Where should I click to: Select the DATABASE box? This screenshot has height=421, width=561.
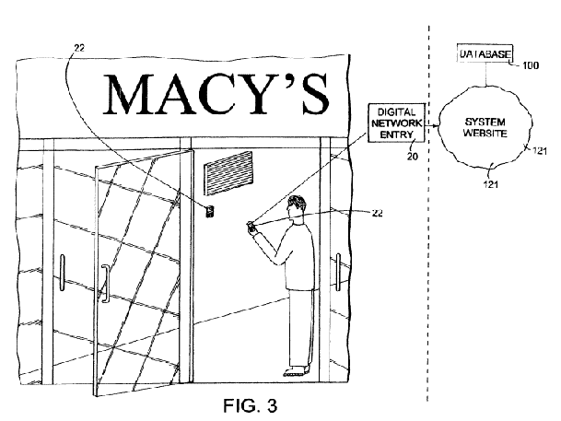485,53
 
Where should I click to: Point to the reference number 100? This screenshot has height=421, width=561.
531,65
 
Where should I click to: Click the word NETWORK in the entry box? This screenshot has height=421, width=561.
396,123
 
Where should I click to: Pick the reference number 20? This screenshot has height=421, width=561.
412,157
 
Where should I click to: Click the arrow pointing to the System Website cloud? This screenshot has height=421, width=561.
432,126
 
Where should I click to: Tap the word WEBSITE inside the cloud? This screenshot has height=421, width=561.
485,134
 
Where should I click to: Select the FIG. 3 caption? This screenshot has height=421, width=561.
250,405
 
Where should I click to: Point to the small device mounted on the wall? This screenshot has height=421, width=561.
210,211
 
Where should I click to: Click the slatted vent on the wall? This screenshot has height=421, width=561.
228,173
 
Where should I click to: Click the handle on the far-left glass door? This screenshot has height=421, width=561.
63,273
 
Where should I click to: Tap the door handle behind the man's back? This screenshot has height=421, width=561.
338,272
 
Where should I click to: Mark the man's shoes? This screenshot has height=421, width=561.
296,371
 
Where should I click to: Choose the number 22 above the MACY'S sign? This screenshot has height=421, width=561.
79,48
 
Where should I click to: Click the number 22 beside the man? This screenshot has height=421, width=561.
377,213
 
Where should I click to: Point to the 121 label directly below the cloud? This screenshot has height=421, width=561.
491,184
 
